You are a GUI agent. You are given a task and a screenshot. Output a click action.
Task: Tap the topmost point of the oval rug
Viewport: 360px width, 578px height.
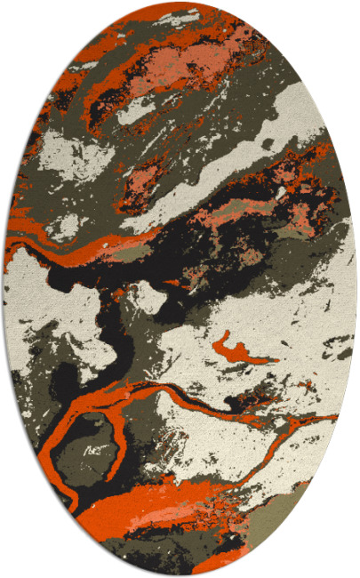(180, 3)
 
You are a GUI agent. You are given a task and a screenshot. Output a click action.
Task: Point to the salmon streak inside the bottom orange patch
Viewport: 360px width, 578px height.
(147, 503)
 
